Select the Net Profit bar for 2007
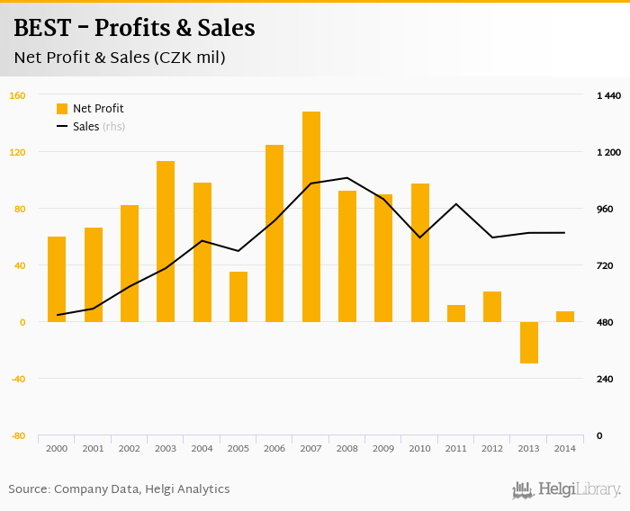(x=311, y=217)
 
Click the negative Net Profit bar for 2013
(x=528, y=343)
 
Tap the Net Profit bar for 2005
(x=238, y=297)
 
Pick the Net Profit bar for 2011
(x=456, y=313)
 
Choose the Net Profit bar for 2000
(x=57, y=279)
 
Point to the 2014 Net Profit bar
(x=565, y=317)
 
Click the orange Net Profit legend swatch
(x=62, y=109)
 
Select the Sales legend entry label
(x=85, y=127)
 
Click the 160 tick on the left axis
(x=17, y=95)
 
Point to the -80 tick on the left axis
(x=17, y=435)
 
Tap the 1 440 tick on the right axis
(x=609, y=95)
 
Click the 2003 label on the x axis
(x=166, y=448)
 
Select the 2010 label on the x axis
(x=419, y=448)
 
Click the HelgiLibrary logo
(x=567, y=489)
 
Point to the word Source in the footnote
(x=29, y=489)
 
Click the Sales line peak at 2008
(x=347, y=177)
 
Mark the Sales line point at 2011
(x=456, y=204)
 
